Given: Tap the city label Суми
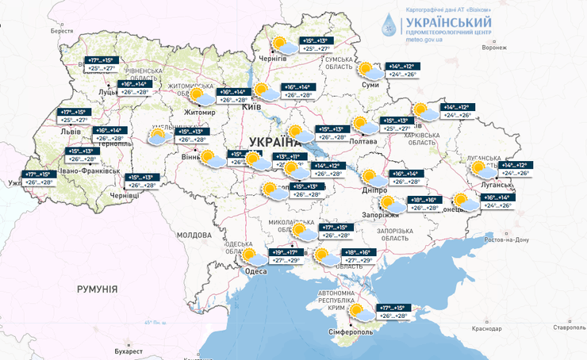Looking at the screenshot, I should (x=370, y=84).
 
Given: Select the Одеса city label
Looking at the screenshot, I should (x=255, y=271).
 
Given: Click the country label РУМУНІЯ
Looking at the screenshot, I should (x=97, y=289).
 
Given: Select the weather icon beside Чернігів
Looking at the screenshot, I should (x=281, y=44).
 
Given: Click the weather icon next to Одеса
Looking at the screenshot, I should (x=254, y=255).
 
